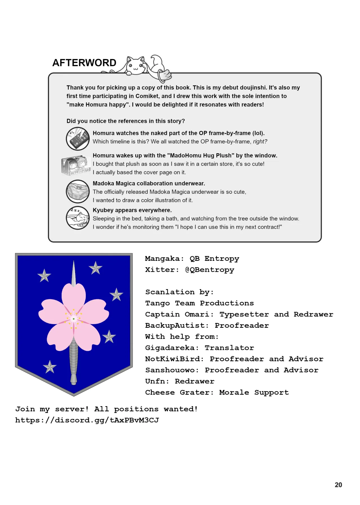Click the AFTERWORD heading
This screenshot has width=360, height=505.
(x=84, y=63)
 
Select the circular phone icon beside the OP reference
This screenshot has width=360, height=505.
(x=78, y=138)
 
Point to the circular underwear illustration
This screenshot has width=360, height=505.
(x=78, y=191)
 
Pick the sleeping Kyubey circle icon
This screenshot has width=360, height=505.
(x=78, y=218)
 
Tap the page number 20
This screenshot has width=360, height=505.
(x=338, y=485)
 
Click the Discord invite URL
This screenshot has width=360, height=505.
(x=87, y=420)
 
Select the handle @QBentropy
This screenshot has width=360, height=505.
(x=210, y=270)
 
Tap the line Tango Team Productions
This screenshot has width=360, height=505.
(x=199, y=303)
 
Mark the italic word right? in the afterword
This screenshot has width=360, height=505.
(x=260, y=141)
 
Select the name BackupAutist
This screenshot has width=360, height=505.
(x=175, y=326)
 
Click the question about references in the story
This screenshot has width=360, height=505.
(x=126, y=121)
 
